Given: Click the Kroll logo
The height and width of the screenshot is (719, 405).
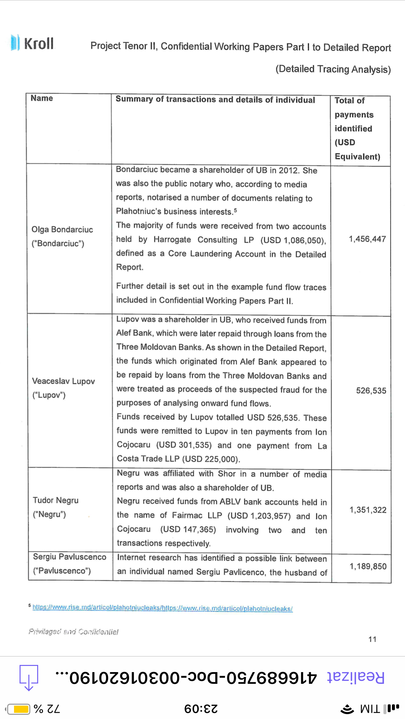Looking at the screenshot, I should click(32, 43).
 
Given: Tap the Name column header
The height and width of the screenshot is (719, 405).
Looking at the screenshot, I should click(42, 98).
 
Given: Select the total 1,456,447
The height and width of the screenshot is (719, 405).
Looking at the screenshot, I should click(367, 239).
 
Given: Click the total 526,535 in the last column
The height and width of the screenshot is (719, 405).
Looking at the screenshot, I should click(371, 390).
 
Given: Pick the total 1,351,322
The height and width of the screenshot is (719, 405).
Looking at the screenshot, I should click(368, 510).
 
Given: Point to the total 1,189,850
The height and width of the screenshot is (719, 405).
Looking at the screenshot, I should click(368, 567).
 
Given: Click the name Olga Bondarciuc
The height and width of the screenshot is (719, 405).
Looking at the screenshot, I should click(62, 230).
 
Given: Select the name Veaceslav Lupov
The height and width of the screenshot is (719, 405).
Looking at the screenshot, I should click(64, 381).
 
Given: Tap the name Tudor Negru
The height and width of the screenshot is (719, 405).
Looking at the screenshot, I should click(56, 500).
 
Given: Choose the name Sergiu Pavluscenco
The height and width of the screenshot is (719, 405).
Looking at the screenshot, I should click(69, 557).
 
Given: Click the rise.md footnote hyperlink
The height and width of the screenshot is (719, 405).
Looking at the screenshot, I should click(162, 608).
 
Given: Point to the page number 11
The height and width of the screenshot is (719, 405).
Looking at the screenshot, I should click(372, 639).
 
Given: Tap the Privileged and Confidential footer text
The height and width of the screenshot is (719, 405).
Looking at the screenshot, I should click(73, 632).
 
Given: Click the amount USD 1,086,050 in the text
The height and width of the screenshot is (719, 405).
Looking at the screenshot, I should click(293, 240).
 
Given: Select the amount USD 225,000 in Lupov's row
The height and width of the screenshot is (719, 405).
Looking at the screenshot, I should click(211, 459).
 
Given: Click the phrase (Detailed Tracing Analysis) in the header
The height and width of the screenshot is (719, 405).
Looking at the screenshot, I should click(333, 69).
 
